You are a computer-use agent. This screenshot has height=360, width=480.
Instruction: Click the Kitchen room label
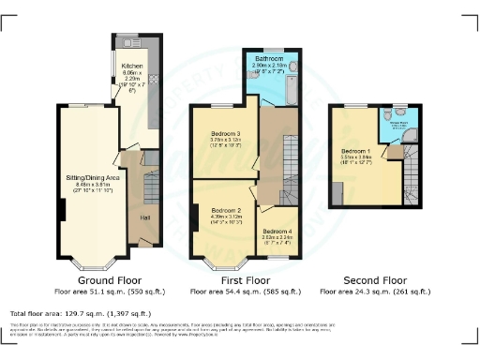131,66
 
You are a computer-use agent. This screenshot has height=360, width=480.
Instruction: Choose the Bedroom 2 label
227,210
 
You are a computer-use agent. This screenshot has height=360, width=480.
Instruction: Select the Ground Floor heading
109,280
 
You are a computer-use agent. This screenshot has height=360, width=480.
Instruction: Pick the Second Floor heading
375,280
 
